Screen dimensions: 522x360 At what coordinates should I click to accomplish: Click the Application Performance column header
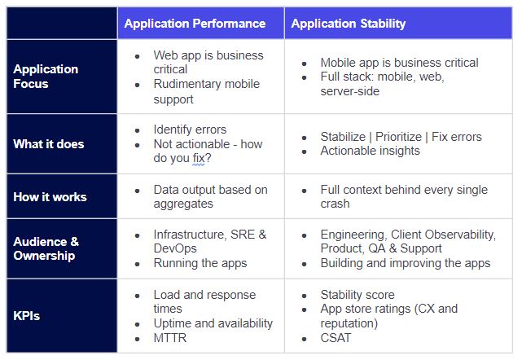tap(195, 24)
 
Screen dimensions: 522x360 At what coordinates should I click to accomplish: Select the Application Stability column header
tap(349, 24)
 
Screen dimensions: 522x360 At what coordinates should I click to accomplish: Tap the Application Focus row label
tap(46, 77)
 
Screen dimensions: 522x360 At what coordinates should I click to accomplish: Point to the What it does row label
tap(49, 144)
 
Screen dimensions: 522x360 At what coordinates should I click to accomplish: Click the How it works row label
tap(50, 197)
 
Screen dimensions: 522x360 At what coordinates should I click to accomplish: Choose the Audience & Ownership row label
tap(46, 248)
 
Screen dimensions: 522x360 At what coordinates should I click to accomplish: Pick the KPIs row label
tap(27, 316)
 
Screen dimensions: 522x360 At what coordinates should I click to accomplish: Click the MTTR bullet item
tap(169, 338)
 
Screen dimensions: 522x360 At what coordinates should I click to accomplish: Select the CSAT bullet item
tap(336, 338)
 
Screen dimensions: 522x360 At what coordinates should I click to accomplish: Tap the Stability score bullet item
tap(358, 295)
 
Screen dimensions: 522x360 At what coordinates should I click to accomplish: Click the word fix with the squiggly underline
tap(199, 158)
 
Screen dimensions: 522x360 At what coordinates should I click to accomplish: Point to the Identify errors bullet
tap(190, 130)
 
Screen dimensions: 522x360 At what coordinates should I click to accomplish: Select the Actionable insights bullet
tap(370, 151)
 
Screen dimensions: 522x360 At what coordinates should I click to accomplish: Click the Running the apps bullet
tap(200, 263)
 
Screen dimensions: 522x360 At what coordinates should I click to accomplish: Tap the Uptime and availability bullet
tap(213, 323)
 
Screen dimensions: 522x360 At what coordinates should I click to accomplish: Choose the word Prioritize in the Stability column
tap(398, 137)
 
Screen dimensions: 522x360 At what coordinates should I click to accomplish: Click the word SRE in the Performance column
tap(243, 235)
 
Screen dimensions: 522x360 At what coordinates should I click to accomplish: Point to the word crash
tap(335, 204)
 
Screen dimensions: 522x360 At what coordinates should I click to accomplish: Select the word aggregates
tap(183, 204)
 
